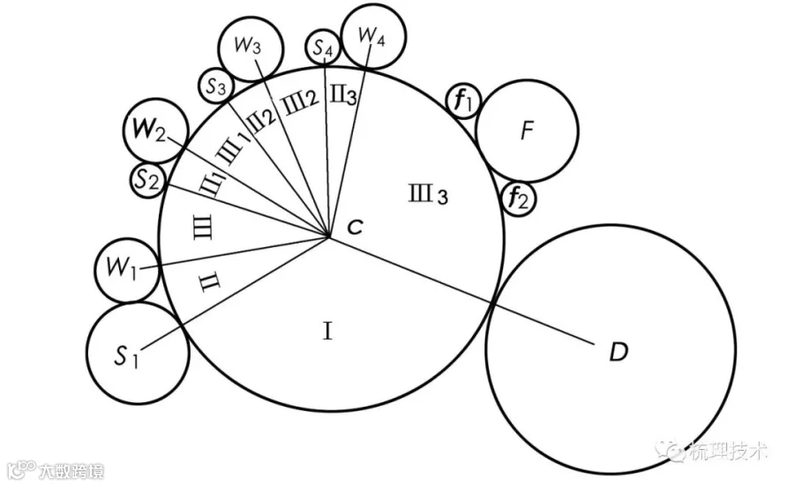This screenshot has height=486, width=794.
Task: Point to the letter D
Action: coord(618,351)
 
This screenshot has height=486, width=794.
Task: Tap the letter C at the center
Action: coord(355,228)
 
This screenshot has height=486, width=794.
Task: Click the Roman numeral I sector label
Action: coord(327,332)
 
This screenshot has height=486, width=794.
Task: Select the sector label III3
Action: coord(429,194)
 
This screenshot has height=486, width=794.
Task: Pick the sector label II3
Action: coord(344,94)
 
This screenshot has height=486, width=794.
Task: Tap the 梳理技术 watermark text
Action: coord(727,451)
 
